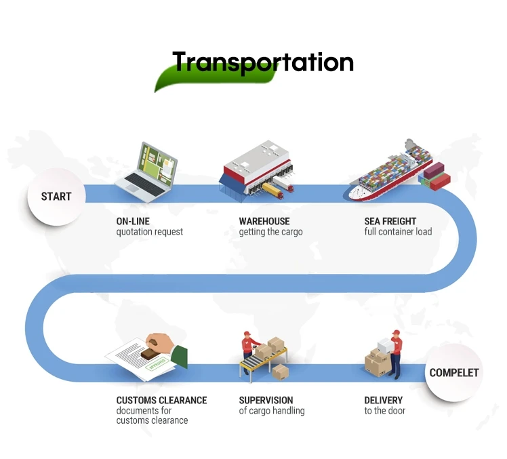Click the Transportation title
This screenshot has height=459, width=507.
[263, 62]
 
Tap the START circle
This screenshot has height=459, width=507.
[56, 197]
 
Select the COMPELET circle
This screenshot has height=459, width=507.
[453, 372]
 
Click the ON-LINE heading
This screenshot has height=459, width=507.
[133, 221]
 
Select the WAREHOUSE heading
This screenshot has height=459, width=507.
[264, 221]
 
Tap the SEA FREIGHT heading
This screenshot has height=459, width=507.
[390, 221]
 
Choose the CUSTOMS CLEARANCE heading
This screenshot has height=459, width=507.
[161, 400]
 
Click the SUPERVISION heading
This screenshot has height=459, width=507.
[266, 400]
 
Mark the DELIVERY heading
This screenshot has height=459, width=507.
[383, 400]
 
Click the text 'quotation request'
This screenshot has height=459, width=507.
[149, 232]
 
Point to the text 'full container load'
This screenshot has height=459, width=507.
[398, 232]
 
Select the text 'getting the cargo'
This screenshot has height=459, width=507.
[270, 232]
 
